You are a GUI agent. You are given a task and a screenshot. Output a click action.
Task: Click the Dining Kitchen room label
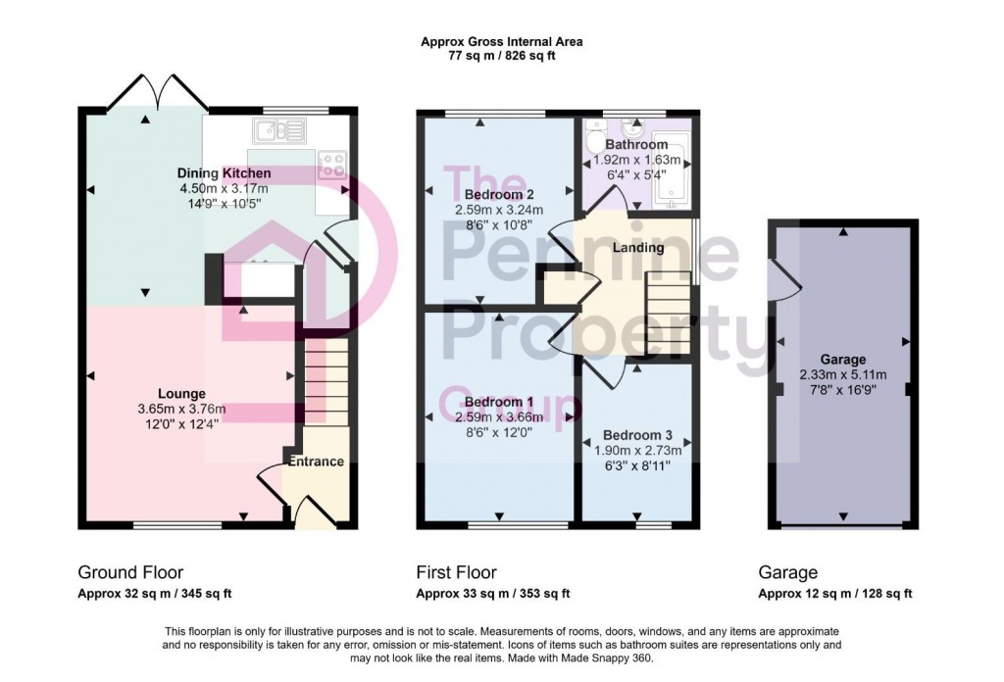click(225, 173)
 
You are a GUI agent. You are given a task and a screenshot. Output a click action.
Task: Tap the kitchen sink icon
click(278, 129)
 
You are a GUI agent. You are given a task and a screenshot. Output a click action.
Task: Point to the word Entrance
click(316, 461)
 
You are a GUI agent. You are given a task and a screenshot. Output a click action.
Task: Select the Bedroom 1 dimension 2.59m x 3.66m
click(498, 417)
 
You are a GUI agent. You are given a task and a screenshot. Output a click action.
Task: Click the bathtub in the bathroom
click(674, 176)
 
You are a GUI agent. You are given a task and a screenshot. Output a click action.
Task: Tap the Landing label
click(638, 248)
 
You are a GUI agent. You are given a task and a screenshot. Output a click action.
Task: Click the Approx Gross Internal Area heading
click(501, 41)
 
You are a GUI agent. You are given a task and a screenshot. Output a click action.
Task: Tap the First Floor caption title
click(456, 572)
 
